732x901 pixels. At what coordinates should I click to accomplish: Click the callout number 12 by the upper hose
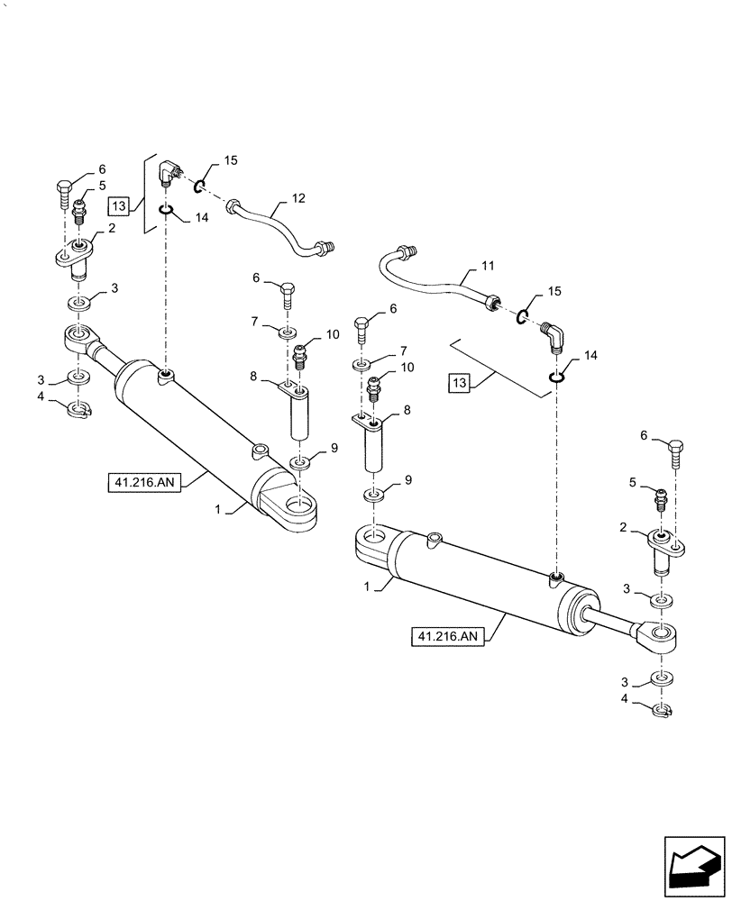pyautogui.click(x=298, y=197)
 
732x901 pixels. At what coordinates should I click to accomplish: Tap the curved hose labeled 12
pyautogui.click(x=274, y=224)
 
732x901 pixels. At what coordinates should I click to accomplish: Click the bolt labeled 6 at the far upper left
pyautogui.click(x=64, y=191)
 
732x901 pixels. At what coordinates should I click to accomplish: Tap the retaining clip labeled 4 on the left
pyautogui.click(x=79, y=411)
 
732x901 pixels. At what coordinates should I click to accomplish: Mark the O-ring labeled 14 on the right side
pyautogui.click(x=558, y=375)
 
